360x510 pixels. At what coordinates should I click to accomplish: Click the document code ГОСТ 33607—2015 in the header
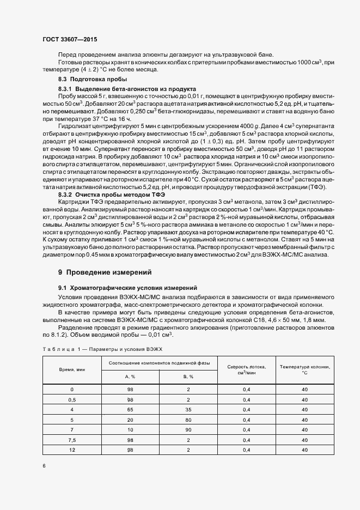pyautogui.click(x=70, y=40)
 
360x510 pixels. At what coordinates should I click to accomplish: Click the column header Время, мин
pyautogui.click(x=72, y=369)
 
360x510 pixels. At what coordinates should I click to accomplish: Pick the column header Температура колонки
pyautogui.click(x=304, y=369)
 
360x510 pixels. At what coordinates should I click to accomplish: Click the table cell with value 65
pyautogui.click(x=130, y=409)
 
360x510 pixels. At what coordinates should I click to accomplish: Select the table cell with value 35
pyautogui.click(x=188, y=409)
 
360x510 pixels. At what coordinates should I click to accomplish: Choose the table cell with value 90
pyautogui.click(x=188, y=430)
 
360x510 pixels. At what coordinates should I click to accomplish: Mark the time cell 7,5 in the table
pyautogui.click(x=72, y=440)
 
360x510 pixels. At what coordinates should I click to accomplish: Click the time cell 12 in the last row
pyautogui.click(x=72, y=450)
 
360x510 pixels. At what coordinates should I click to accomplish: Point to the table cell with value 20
pyautogui.click(x=130, y=420)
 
